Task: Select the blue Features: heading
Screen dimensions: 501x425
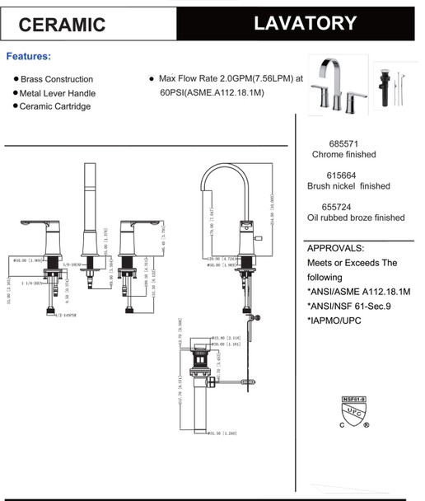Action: click(29, 57)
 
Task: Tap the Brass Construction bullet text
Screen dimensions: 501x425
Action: click(57, 79)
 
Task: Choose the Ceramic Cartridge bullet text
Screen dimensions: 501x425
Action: click(55, 106)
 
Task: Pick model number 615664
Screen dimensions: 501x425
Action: click(343, 174)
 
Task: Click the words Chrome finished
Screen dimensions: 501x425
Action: click(343, 154)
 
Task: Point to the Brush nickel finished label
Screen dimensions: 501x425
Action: click(348, 186)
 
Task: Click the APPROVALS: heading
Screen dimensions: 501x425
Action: click(335, 248)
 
